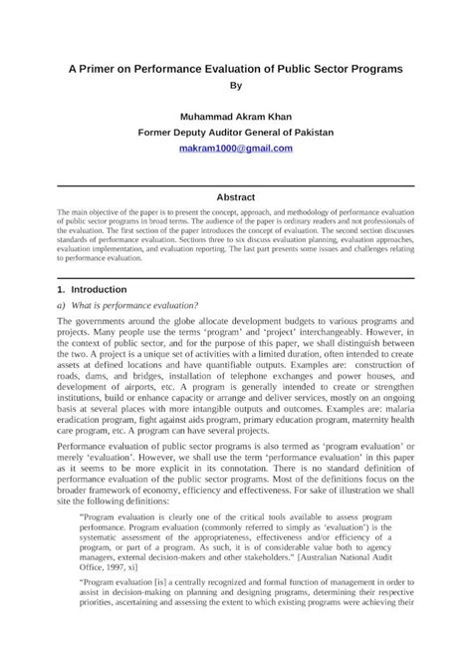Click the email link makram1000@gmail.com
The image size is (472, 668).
[236, 148]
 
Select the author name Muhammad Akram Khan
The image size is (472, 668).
[236, 116]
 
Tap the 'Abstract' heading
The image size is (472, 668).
[236, 196]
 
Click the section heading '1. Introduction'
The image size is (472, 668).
[93, 288]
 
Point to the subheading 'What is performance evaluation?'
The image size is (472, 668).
[134, 304]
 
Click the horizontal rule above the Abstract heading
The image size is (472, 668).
[236, 186]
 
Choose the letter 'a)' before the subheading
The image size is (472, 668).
[62, 304]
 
